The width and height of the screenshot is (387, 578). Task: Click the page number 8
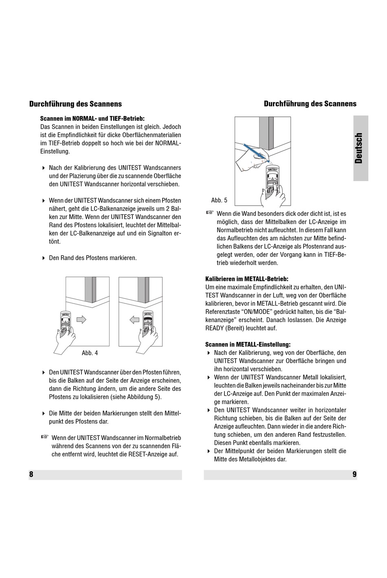(x=31, y=474)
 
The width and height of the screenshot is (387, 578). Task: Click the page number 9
(x=354, y=474)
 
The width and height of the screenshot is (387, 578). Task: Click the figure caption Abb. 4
(x=90, y=353)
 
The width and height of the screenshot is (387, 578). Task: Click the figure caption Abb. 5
(x=219, y=200)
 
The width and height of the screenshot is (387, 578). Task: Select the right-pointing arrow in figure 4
(x=81, y=320)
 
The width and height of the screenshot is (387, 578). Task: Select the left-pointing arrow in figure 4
(x=134, y=320)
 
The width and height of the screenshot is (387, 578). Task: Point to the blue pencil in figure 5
(x=257, y=153)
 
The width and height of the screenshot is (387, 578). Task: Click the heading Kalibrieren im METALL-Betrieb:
(x=247, y=279)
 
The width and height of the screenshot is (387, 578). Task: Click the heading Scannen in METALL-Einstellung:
(x=248, y=344)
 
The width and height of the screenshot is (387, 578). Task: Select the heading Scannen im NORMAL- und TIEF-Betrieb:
(x=92, y=119)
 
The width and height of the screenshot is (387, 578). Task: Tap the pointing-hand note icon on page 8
(x=45, y=437)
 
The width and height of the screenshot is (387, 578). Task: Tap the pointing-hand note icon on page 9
(x=210, y=212)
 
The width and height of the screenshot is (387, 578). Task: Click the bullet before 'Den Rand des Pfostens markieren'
(x=44, y=258)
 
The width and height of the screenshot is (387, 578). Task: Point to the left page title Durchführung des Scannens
(x=75, y=104)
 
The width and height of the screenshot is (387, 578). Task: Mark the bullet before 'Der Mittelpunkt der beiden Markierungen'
(x=209, y=451)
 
